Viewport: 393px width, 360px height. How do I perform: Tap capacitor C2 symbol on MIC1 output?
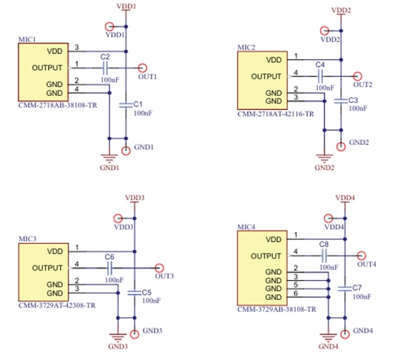(105, 67)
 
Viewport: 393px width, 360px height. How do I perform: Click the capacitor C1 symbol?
(126, 106)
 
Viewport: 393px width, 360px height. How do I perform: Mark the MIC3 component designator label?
(27, 237)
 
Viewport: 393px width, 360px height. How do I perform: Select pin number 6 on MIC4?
(295, 294)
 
